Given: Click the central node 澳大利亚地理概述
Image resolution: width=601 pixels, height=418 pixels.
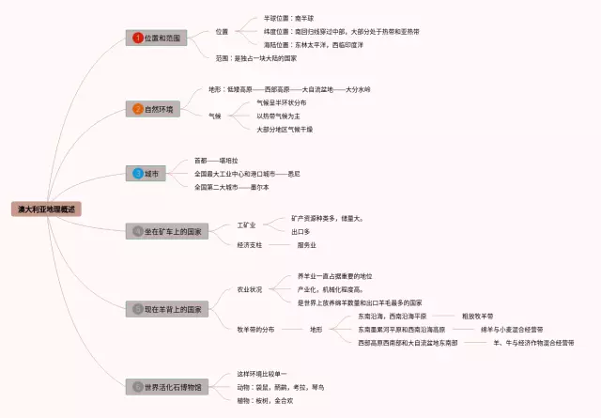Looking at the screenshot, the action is pyautogui.click(x=47, y=209).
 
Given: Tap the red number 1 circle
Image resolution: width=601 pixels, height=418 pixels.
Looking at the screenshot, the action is pyautogui.click(x=138, y=38).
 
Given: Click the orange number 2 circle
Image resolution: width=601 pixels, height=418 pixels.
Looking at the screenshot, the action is pyautogui.click(x=138, y=109).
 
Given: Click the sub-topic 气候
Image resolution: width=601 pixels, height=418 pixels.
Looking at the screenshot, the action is pyautogui.click(x=215, y=116).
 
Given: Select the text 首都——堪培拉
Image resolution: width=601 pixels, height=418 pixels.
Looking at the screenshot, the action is pyautogui.click(x=217, y=161).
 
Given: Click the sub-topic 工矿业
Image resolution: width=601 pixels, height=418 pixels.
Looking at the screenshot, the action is pyautogui.click(x=247, y=225).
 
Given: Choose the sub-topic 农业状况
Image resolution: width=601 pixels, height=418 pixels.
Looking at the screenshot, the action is pyautogui.click(x=250, y=289).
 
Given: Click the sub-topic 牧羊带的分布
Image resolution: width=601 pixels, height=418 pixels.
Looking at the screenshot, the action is pyautogui.click(x=256, y=330).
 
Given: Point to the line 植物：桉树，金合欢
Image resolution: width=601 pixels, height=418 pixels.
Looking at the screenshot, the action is pyautogui.click(x=265, y=400).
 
